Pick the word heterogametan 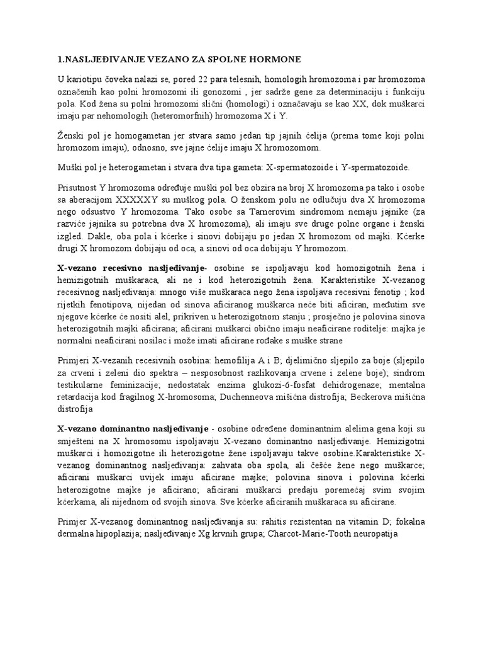(x=124, y=168)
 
